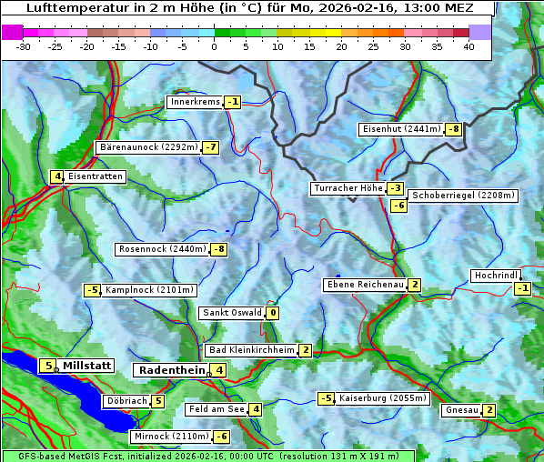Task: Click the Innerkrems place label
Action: tap(195, 102)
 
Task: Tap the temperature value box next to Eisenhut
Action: tap(453, 129)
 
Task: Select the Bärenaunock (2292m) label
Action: tap(146, 146)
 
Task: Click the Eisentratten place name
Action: tap(96, 176)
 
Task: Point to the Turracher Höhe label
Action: tap(348, 188)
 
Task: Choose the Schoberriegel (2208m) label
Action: tap(463, 196)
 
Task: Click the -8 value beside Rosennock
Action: tap(218, 249)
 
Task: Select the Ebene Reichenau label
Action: tap(365, 285)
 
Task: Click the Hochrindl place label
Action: tap(496, 276)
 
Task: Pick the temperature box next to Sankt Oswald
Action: tap(272, 313)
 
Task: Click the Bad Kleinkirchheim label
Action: tap(252, 350)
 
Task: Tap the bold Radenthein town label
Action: tap(172, 370)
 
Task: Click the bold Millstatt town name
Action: tap(86, 366)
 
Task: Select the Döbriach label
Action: tap(126, 401)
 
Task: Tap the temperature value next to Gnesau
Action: tap(489, 410)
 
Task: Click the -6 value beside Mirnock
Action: tap(221, 437)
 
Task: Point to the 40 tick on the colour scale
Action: tap(468, 46)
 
